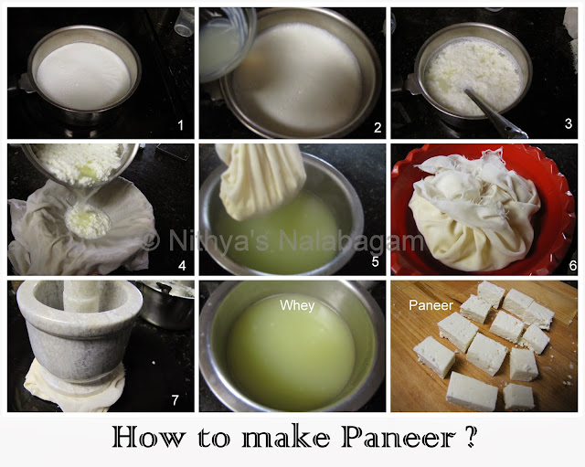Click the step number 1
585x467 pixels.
179,124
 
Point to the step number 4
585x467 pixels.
179,266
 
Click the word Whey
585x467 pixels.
297,305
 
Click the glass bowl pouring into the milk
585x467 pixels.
222,41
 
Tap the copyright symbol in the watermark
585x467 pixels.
152,241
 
